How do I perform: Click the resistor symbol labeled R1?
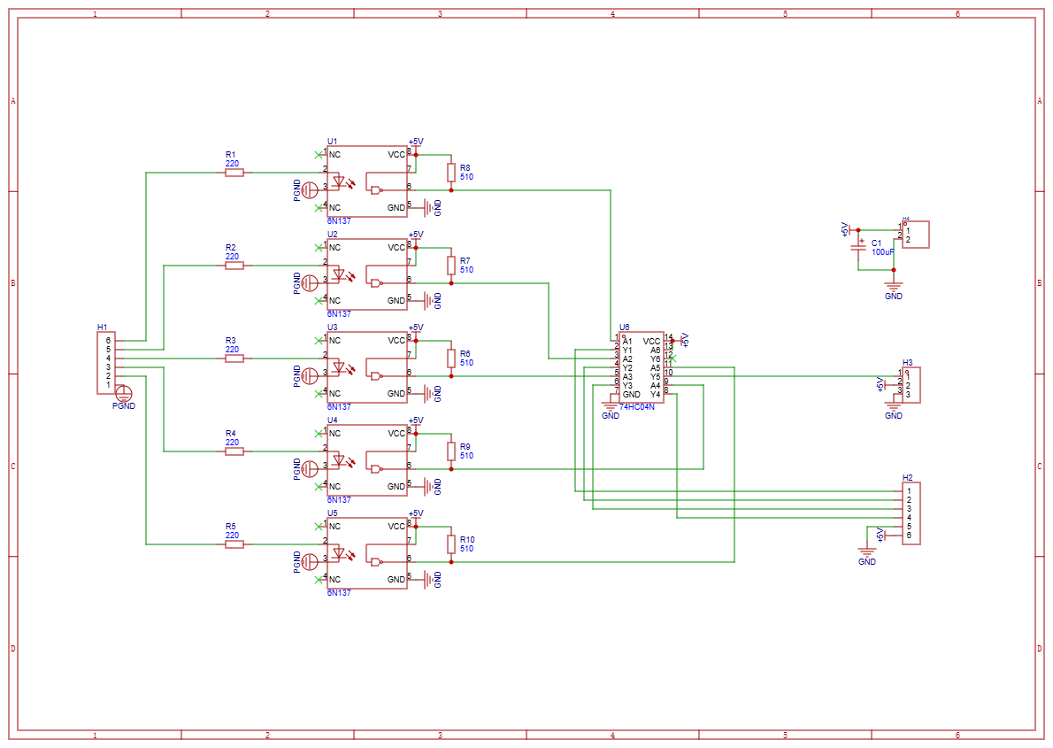coord(234,173)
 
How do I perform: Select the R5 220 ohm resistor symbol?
coord(234,544)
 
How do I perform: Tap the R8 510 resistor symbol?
coord(451,172)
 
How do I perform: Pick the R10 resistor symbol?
coord(451,544)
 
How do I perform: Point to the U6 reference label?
coord(625,327)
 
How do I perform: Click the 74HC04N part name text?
coord(637,406)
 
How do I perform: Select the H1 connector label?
coord(102,328)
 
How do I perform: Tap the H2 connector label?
coord(907,478)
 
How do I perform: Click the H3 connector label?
coord(907,363)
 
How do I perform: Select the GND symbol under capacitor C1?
coord(894,287)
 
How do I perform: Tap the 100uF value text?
coord(883,252)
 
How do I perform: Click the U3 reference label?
coord(332,327)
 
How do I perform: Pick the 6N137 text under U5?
coord(339,592)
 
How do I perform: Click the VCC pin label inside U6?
coord(651,341)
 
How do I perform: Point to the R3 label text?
coord(231,340)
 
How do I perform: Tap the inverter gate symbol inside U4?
coord(377,469)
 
